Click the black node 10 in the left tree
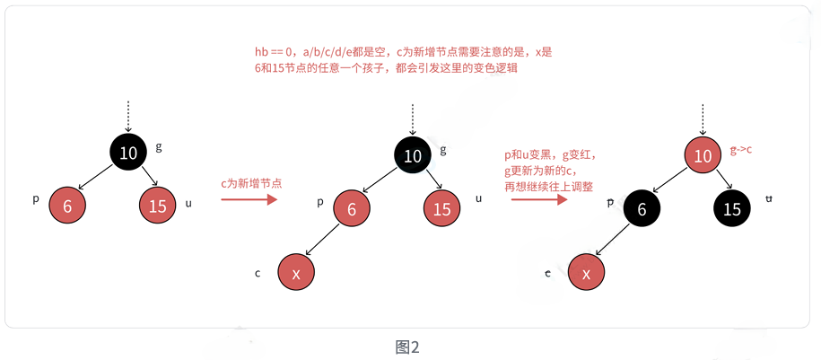128,153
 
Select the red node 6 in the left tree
67,206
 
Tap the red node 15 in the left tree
158,206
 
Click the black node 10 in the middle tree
413,156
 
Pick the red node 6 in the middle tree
352,209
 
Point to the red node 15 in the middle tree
441,209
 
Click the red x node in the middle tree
296,273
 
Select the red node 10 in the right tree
703,156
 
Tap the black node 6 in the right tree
642,209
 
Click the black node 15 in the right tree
732,209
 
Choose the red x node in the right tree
587,273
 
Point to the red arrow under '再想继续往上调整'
538,199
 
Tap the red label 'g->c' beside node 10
740,150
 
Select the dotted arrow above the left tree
128,116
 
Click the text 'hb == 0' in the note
274,53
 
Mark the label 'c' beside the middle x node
258,272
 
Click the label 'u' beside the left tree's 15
188,203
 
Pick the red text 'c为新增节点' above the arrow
251,182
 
